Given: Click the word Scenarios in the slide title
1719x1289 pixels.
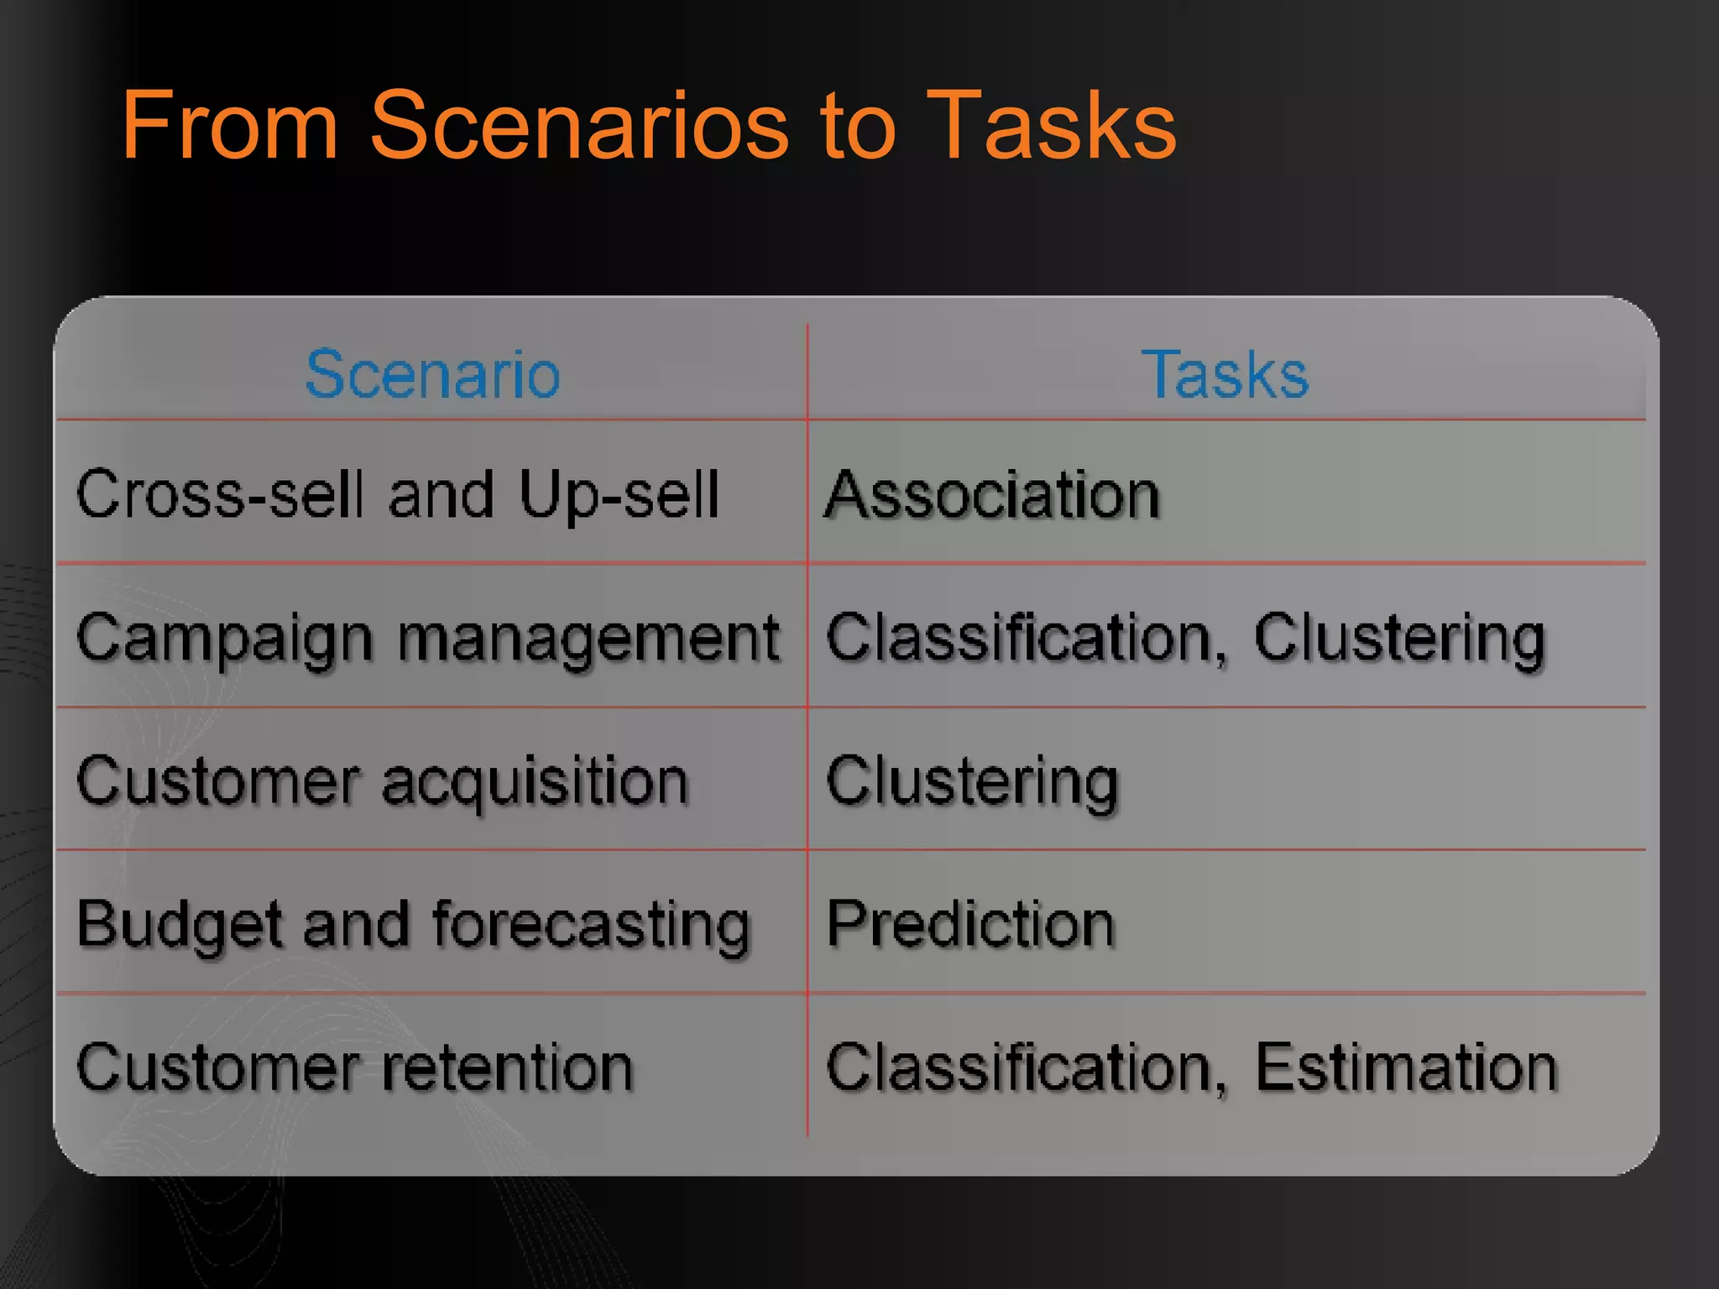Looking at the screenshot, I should point(579,126).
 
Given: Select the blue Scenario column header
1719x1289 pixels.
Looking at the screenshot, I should point(432,374).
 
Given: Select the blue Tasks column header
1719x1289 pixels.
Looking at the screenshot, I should point(1225,374).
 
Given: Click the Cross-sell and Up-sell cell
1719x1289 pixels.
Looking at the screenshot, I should point(398,494).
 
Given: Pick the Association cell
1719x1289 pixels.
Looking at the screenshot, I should point(992,494).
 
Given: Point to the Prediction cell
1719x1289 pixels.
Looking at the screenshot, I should point(970,924).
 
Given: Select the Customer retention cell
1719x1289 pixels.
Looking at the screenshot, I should point(354,1067).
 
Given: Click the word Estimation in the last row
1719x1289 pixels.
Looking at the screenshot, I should point(1406,1067).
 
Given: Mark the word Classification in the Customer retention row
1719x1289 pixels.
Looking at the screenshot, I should point(1021,1067).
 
